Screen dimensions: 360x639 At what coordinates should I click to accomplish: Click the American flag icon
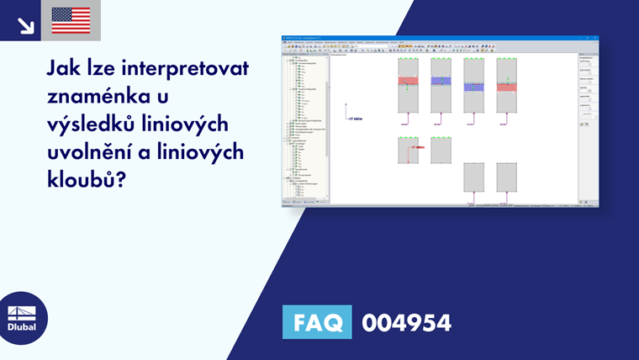[x=71, y=20]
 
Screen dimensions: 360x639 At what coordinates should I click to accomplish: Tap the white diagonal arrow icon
[x=26, y=24]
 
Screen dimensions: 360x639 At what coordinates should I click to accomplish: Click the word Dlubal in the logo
[x=24, y=327]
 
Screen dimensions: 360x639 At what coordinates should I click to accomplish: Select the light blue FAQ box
[x=316, y=322]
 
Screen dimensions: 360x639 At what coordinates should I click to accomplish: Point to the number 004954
[x=406, y=322]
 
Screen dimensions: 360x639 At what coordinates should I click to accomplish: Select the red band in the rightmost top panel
[x=507, y=86]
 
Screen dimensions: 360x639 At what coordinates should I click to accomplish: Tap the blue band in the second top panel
[x=441, y=82]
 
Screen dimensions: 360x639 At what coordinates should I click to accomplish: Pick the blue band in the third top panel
[x=474, y=86]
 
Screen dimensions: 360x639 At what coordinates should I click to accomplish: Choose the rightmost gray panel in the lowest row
[x=507, y=177]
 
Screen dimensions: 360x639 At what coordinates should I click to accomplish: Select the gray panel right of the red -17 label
[x=441, y=151]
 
